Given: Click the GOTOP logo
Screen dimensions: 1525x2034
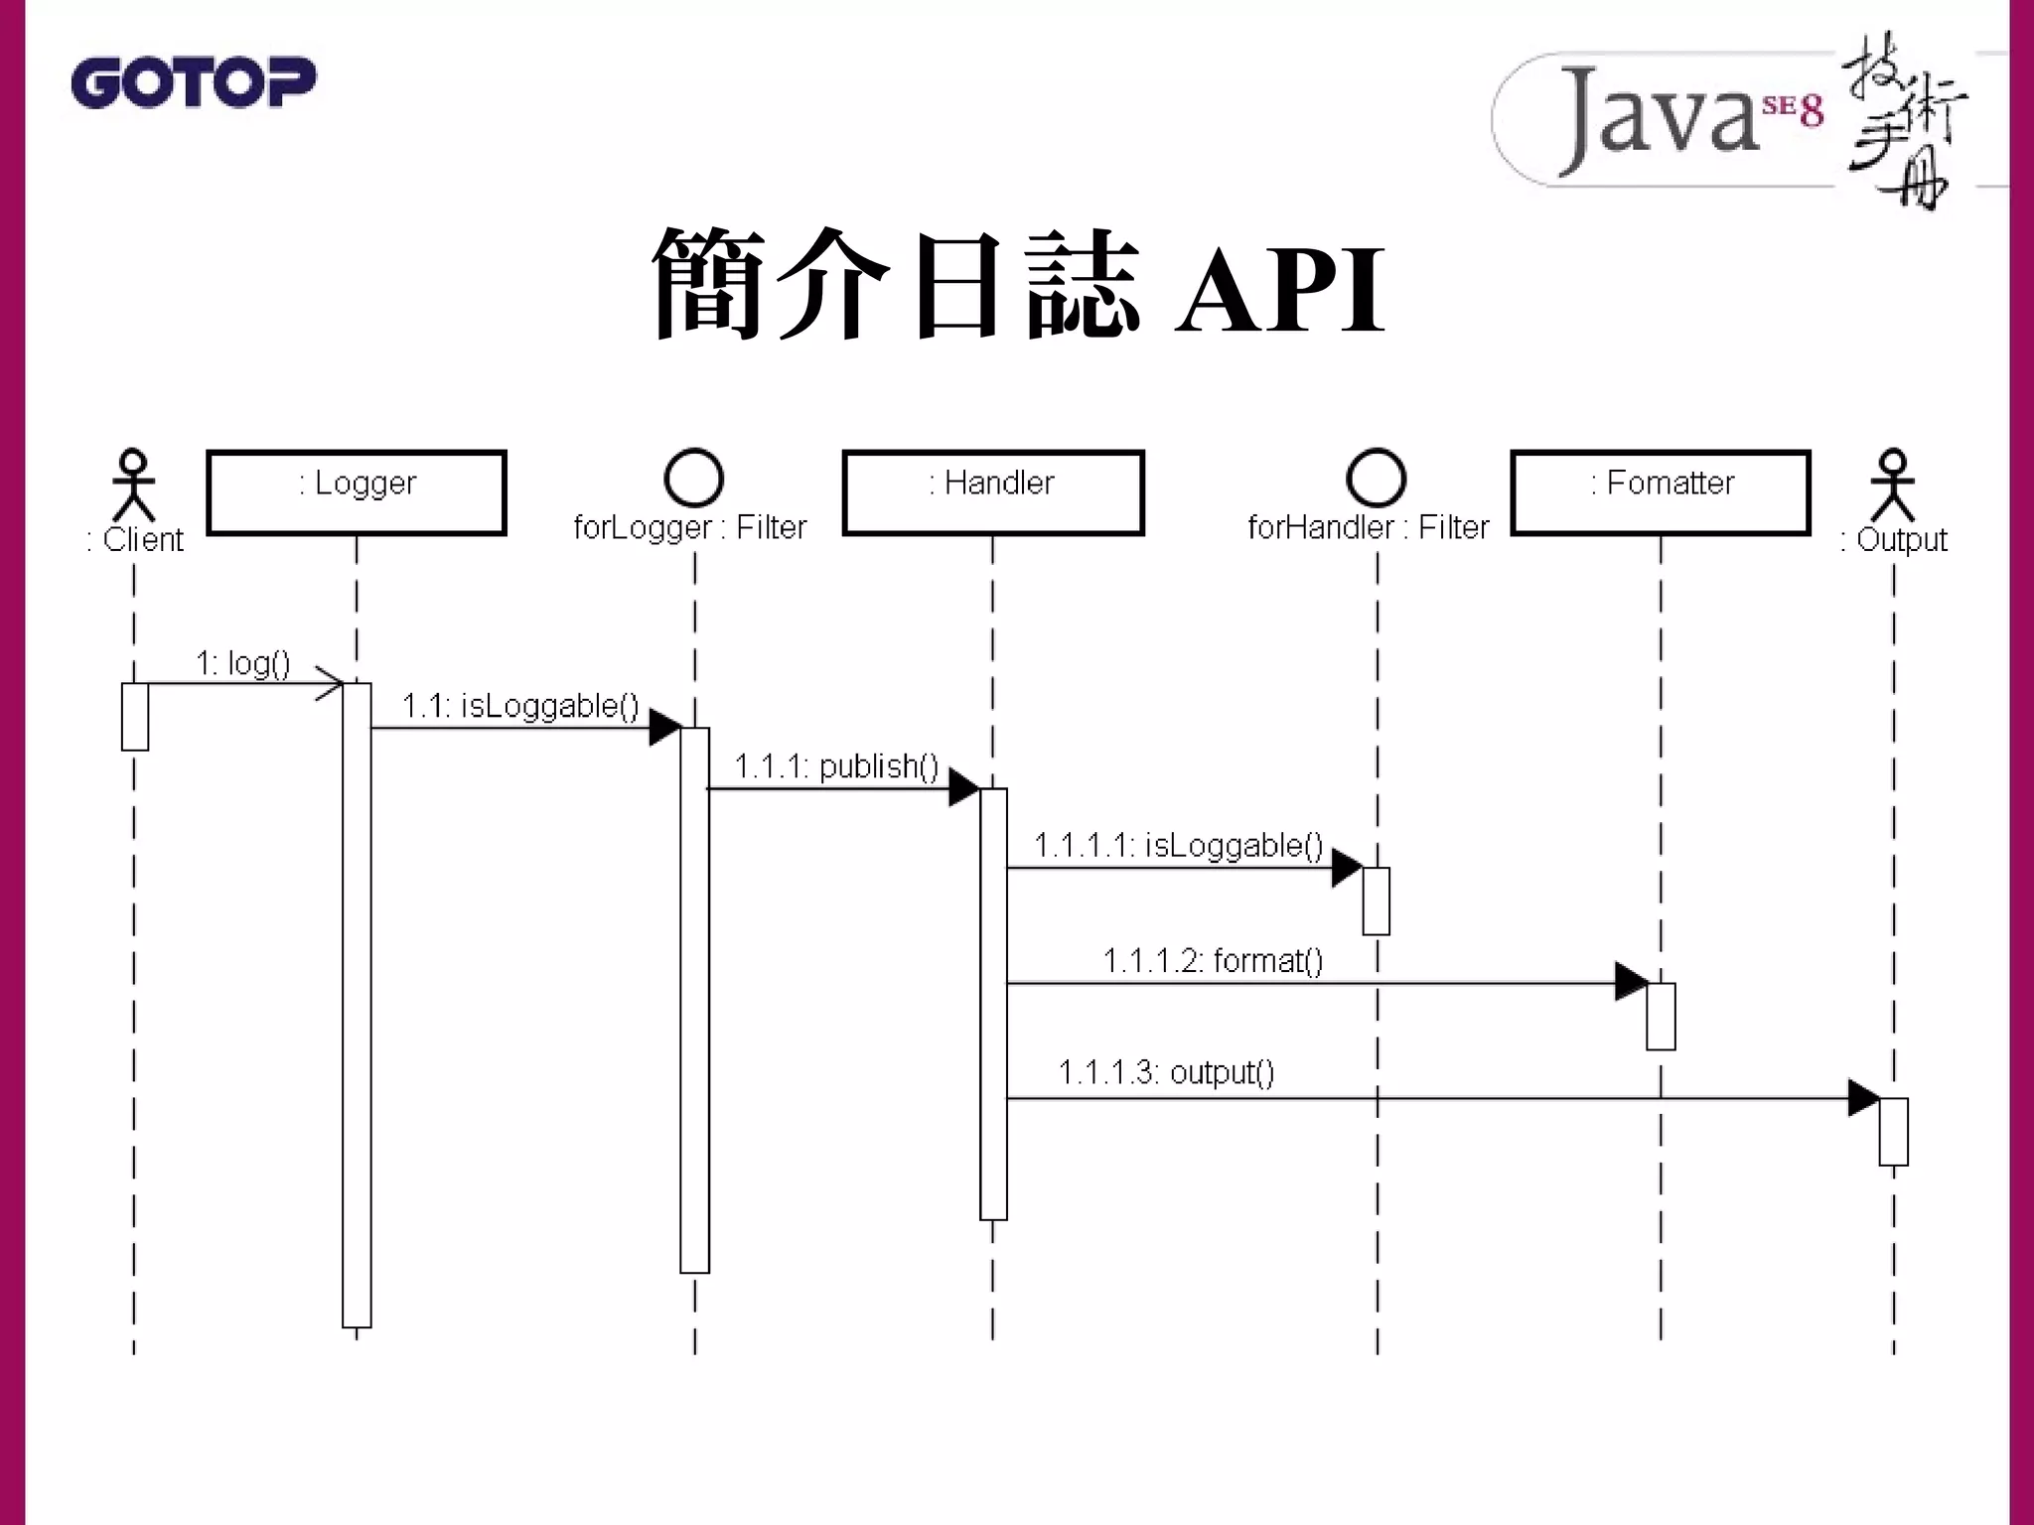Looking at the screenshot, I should (x=194, y=82).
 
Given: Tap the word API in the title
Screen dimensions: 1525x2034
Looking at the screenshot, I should (x=1280, y=291).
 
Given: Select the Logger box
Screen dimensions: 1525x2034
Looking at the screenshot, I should (x=357, y=492).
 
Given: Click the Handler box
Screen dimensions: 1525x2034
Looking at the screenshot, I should (x=992, y=492).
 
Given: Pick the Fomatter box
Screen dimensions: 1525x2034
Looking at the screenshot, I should (x=1660, y=492).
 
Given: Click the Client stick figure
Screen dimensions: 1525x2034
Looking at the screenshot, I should (x=133, y=485).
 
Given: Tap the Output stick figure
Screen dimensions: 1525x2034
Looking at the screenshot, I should (x=1893, y=485).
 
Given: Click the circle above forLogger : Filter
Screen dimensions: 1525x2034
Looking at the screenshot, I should (x=693, y=478).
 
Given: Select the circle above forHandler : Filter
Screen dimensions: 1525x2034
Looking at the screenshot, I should (x=1377, y=478).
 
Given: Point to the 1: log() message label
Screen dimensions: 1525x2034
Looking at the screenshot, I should (x=243, y=662).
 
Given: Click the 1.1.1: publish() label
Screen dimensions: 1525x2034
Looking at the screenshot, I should (x=836, y=766).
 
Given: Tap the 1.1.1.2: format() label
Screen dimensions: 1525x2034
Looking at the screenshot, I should (x=1213, y=961).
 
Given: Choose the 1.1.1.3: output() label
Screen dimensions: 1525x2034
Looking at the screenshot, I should (x=1166, y=1073).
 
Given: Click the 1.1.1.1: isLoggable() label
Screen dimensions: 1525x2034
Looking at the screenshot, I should (x=1178, y=846).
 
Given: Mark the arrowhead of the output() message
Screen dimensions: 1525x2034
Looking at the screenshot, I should (x=1862, y=1098).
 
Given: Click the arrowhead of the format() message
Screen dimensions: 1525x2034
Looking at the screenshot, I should (x=1630, y=982).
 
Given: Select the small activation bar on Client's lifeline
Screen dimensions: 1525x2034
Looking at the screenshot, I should (x=135, y=717).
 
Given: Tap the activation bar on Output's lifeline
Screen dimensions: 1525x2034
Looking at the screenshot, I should (x=1893, y=1132).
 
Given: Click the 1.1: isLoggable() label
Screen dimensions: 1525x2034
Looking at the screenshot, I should (x=520, y=706).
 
